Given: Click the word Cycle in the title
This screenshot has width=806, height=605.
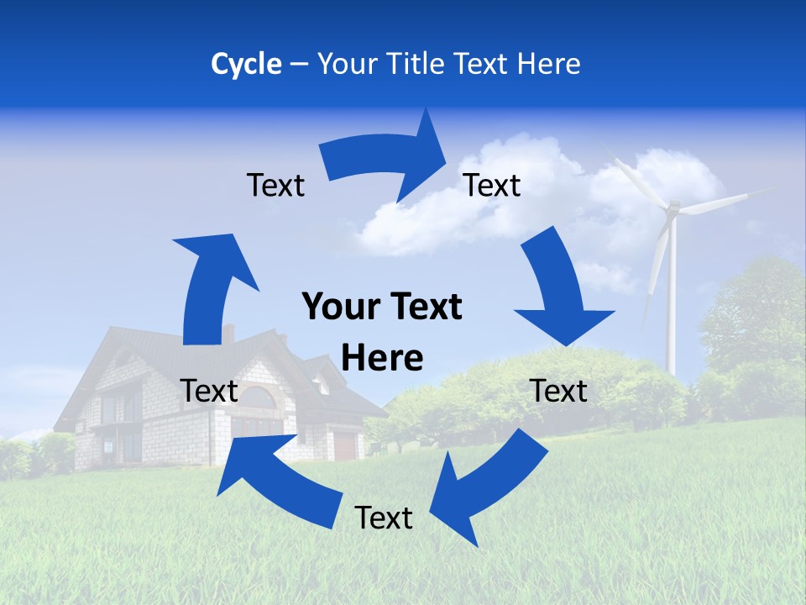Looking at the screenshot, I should (x=246, y=64).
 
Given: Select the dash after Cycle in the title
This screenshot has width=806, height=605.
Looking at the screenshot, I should (x=298, y=65).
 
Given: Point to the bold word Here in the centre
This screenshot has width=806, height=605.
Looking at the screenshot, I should (x=382, y=358).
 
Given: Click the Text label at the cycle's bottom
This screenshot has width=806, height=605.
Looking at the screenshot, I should (x=384, y=518).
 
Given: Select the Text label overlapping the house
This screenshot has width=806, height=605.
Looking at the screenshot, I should (x=209, y=391).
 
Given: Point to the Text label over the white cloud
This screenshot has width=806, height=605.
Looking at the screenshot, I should (x=492, y=185).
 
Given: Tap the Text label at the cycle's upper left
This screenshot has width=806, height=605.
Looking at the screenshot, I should (x=275, y=185).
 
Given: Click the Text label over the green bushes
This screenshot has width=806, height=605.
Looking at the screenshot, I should (x=559, y=391).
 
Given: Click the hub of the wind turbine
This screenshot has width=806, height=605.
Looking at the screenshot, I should (x=672, y=208).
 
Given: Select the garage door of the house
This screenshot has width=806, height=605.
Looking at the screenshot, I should (x=345, y=445).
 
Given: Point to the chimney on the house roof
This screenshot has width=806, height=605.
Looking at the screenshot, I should (x=228, y=333).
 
